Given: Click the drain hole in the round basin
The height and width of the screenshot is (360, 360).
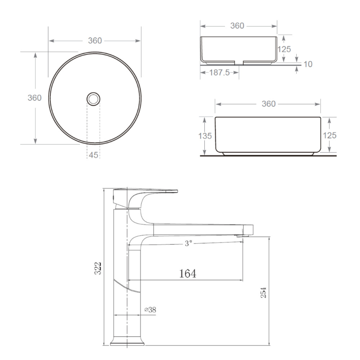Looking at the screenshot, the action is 93,99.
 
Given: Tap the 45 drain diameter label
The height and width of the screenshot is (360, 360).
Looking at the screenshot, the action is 94,155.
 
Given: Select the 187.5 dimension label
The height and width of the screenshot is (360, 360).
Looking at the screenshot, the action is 220,73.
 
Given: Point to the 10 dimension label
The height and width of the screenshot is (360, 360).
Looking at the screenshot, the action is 308,64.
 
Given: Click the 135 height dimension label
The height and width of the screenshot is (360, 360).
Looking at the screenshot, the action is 205,136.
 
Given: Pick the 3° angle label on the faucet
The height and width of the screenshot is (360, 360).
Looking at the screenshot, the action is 188,243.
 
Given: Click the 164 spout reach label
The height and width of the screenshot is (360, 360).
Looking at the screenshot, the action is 188,274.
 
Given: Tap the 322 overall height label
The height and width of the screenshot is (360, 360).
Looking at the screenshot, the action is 98,268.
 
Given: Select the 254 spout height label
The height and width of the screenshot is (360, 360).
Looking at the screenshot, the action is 264,292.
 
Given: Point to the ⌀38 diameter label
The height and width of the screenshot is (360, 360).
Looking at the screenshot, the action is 150,310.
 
